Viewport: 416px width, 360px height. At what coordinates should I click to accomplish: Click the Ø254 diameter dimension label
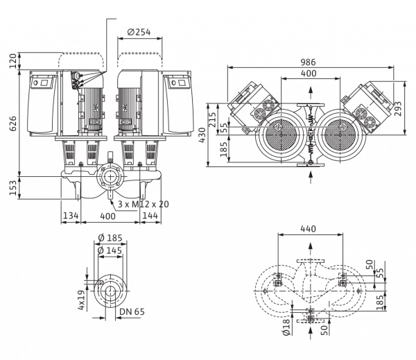pyautogui.click(x=139, y=32)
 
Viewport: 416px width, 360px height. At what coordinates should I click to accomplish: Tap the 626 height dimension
pyautogui.click(x=13, y=123)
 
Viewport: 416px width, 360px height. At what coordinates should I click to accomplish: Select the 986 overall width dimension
pyautogui.click(x=309, y=62)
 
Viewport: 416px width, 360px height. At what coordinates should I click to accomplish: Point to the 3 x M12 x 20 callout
pyautogui.click(x=144, y=204)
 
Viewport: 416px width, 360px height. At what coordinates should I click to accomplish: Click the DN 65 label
pyautogui.click(x=132, y=311)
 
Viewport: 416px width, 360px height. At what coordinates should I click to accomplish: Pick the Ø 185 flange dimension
pyautogui.click(x=110, y=238)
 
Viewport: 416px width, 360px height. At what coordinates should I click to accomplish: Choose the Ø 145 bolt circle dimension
pyautogui.click(x=110, y=250)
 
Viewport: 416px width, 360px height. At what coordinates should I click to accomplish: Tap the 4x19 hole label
pyautogui.click(x=82, y=300)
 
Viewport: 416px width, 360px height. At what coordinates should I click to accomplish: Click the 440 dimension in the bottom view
pyautogui.click(x=309, y=229)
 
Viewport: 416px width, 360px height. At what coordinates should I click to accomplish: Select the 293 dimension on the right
pyautogui.click(x=398, y=109)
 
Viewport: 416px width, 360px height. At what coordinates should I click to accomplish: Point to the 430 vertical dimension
pyautogui.click(x=202, y=135)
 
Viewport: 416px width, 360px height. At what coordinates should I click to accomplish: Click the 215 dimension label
pyautogui.click(x=212, y=120)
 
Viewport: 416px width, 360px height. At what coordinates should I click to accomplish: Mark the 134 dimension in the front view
pyautogui.click(x=71, y=215)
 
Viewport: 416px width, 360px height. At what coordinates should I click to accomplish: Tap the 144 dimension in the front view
pyautogui.click(x=150, y=215)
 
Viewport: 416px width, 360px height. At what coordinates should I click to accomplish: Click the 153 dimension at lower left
pyautogui.click(x=13, y=187)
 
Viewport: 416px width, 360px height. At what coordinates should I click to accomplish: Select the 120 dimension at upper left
pyautogui.click(x=13, y=61)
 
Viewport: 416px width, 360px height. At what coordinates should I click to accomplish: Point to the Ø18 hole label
pyautogui.click(x=286, y=327)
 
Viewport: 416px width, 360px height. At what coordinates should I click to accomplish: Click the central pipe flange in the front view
pyautogui.click(x=110, y=177)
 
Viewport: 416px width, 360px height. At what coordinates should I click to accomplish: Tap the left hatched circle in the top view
pyautogui.click(x=281, y=135)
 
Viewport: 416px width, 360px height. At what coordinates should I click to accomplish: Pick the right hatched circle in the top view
pyautogui.click(x=340, y=135)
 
